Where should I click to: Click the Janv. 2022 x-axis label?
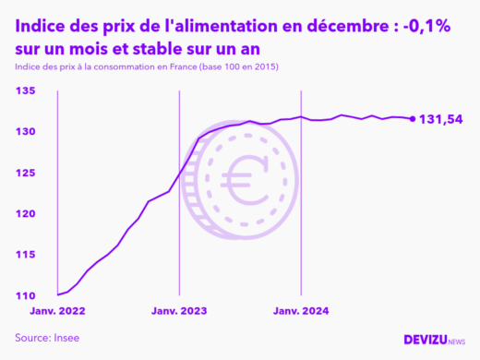[58, 311]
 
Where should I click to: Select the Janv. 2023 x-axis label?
[179, 311]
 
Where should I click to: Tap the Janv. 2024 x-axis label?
[301, 311]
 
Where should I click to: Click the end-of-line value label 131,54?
[441, 119]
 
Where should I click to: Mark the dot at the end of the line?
[412, 118]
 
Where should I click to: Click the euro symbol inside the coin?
[243, 176]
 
